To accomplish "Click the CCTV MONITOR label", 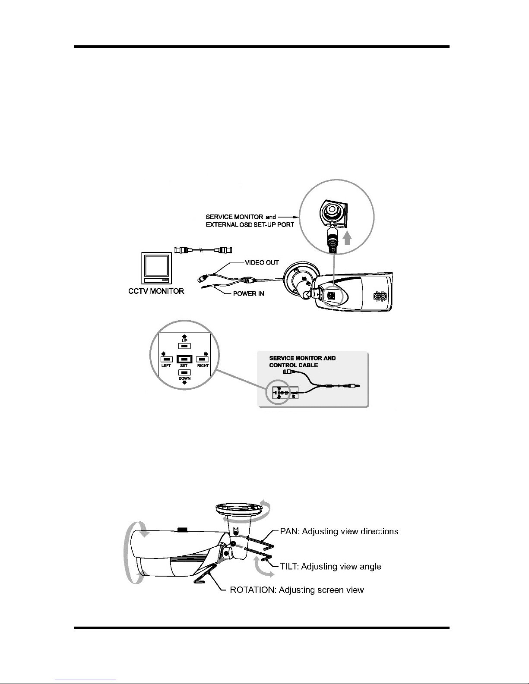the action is click(156, 291).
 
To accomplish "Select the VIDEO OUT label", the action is click(262, 262).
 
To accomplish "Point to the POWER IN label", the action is click(248, 294).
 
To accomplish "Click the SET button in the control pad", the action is click(184, 359).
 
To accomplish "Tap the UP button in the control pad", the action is click(184, 345).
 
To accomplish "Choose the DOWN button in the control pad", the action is click(184, 372).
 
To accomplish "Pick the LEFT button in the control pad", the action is click(166, 359).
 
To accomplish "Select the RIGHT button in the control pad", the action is click(203, 359).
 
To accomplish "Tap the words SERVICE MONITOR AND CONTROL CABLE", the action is click(302, 362).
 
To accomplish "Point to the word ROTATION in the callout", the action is click(253, 589).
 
